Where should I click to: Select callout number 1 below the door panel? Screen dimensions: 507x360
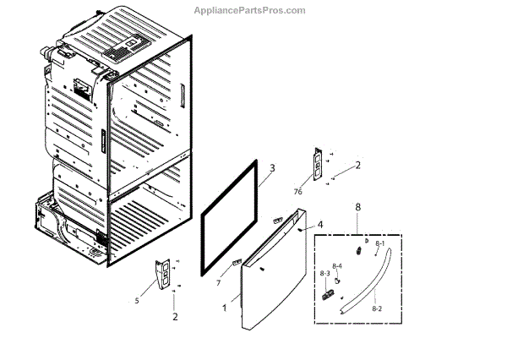coord(224,308)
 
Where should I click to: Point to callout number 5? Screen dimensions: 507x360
coord(136,300)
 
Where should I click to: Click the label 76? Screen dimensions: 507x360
coord(297,192)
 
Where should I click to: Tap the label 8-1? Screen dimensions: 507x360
coord(379,245)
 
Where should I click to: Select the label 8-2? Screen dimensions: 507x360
coord(377,310)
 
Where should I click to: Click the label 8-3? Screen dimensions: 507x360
coord(324,273)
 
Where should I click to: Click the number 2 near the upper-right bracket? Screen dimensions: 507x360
coord(357,166)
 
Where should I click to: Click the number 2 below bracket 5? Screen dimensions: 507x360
coord(175,317)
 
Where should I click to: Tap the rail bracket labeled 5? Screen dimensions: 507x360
coord(163,275)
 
